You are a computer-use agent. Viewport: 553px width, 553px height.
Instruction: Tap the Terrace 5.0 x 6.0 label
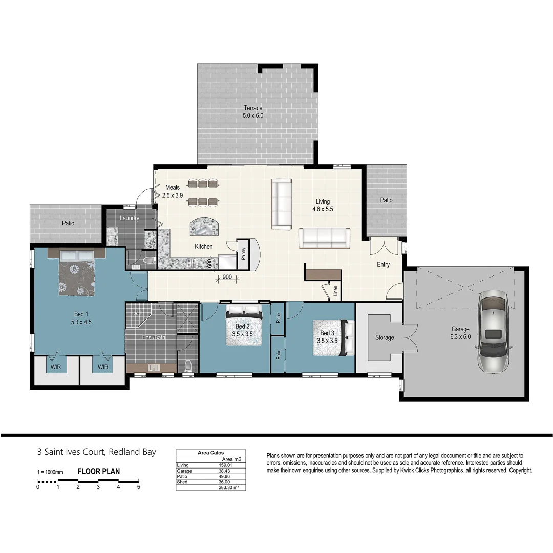click(252, 112)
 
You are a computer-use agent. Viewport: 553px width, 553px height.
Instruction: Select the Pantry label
click(244, 253)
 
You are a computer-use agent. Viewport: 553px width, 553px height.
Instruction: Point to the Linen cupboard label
click(335, 291)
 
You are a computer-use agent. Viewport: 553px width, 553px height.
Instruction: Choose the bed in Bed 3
click(333, 337)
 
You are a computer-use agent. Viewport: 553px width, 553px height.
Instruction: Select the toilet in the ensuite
click(188, 366)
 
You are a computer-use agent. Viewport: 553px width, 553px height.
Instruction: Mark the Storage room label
click(385, 337)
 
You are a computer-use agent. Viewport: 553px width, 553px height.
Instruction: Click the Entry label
click(383, 265)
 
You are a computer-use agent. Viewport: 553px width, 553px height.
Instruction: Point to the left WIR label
click(56, 367)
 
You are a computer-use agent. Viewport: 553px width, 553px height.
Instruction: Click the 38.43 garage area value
click(223, 471)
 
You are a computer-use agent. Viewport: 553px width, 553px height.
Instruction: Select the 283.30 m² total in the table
click(229, 487)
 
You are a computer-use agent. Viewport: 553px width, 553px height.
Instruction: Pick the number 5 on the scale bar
click(138, 487)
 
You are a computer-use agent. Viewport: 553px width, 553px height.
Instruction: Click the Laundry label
click(130, 218)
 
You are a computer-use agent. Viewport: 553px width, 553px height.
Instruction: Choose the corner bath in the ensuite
click(139, 316)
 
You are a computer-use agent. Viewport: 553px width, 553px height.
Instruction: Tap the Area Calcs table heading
click(210, 453)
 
